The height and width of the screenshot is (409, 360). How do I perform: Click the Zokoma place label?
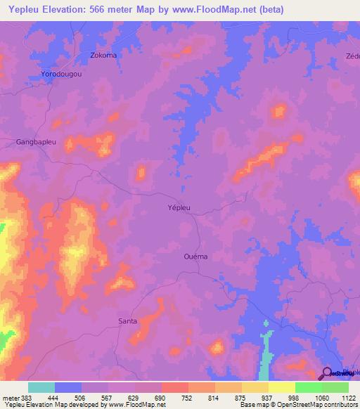click(x=103, y=55)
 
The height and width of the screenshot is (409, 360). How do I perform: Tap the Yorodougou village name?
click(x=62, y=74)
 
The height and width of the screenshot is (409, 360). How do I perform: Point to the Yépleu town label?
click(x=179, y=207)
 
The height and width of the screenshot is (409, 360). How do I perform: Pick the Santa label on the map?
click(x=127, y=321)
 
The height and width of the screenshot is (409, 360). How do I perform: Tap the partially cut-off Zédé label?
click(x=352, y=56)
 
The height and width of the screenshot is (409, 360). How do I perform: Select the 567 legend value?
click(x=122, y=398)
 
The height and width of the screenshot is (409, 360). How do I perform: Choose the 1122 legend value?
click(x=348, y=398)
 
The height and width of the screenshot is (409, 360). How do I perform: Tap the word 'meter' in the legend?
click(x=10, y=398)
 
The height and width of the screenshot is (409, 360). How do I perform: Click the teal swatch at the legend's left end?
click(x=41, y=387)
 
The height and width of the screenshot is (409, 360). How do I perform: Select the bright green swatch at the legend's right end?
click(x=335, y=387)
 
